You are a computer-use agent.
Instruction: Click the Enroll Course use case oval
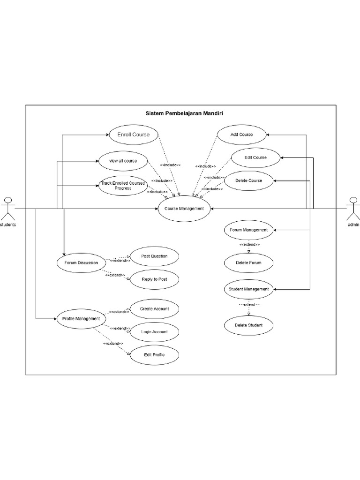point(134,135)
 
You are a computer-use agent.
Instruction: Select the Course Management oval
point(180,209)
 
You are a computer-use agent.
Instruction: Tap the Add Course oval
point(241,135)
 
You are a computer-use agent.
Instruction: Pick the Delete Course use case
point(249,180)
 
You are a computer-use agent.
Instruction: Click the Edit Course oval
point(255,157)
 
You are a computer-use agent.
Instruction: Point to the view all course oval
point(123,161)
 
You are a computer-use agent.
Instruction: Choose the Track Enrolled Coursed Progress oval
point(123,186)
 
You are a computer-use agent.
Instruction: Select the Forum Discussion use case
point(81,262)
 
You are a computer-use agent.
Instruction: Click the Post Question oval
point(154,256)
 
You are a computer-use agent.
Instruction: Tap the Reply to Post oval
point(154,279)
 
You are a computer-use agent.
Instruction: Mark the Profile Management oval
point(81,319)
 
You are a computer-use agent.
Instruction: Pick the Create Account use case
point(154,309)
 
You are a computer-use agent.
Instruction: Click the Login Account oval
point(154,332)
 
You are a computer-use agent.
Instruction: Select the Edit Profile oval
point(154,355)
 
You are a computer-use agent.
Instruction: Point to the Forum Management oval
point(248,230)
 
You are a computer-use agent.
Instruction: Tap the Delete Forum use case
point(248,263)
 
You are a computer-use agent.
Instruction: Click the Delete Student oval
point(248,325)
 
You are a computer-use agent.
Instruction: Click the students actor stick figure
point(7,209)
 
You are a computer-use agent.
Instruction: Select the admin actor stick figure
point(353,209)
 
